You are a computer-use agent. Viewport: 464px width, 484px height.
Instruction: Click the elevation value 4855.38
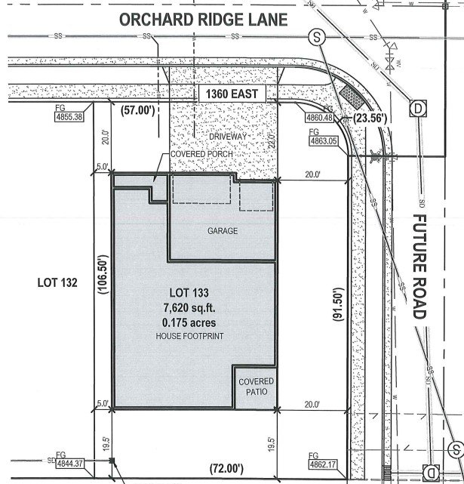pos(69,117)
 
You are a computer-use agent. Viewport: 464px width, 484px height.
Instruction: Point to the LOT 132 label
pos(57,283)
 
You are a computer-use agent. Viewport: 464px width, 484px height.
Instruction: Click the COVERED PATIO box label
pos(257,387)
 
